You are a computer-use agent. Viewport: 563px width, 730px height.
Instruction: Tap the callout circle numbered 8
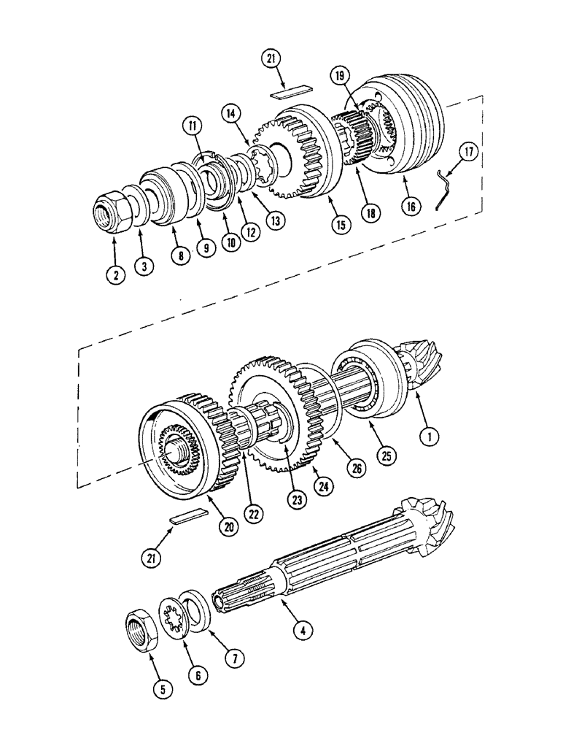(179, 255)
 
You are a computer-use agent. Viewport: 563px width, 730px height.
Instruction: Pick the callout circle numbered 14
(231, 113)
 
